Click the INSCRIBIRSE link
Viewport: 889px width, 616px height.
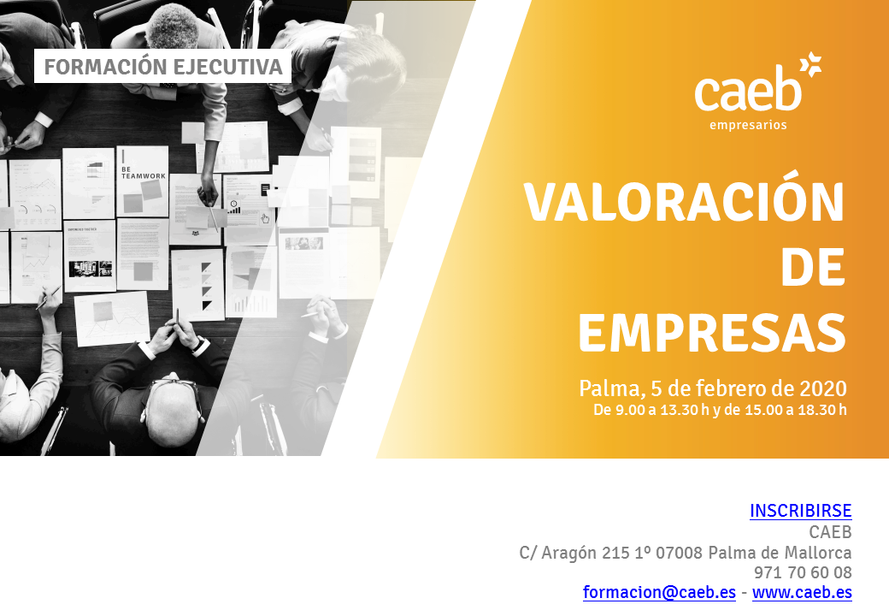coord(801,511)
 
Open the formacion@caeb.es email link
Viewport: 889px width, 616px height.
coord(659,592)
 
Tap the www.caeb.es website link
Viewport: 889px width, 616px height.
coord(803,592)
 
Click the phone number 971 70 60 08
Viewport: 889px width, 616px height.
coord(803,572)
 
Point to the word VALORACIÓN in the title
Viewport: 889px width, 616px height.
coord(685,199)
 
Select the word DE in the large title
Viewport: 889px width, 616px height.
coord(813,268)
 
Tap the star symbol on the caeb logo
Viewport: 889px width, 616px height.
coord(810,64)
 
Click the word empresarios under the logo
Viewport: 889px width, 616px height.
coord(748,126)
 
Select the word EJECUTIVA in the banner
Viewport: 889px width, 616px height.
coord(228,67)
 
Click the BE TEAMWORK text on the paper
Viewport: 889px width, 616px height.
coord(144,173)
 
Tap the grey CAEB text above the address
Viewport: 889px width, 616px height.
coord(831,532)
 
